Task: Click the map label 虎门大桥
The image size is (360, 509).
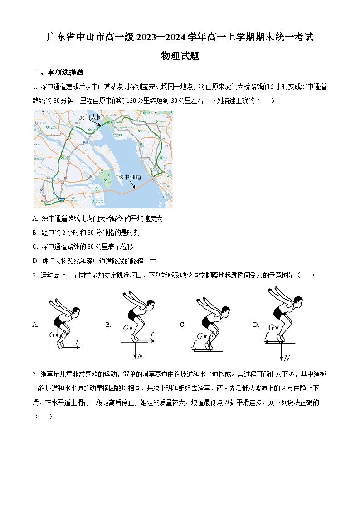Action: point(90,117)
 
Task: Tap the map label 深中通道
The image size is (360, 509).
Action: point(130,177)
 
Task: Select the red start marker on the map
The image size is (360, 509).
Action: point(44,198)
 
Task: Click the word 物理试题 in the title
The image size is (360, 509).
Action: point(180,56)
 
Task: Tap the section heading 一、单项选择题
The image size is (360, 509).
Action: point(58,73)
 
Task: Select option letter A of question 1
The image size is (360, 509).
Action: point(35,218)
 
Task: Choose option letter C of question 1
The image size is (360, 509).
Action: point(35,247)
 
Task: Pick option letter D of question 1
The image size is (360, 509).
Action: point(35,261)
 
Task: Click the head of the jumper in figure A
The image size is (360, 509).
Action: point(77,311)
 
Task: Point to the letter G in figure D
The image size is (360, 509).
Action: point(271,327)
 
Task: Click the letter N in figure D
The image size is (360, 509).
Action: point(287,358)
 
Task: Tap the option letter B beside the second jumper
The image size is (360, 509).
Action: point(108,325)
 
